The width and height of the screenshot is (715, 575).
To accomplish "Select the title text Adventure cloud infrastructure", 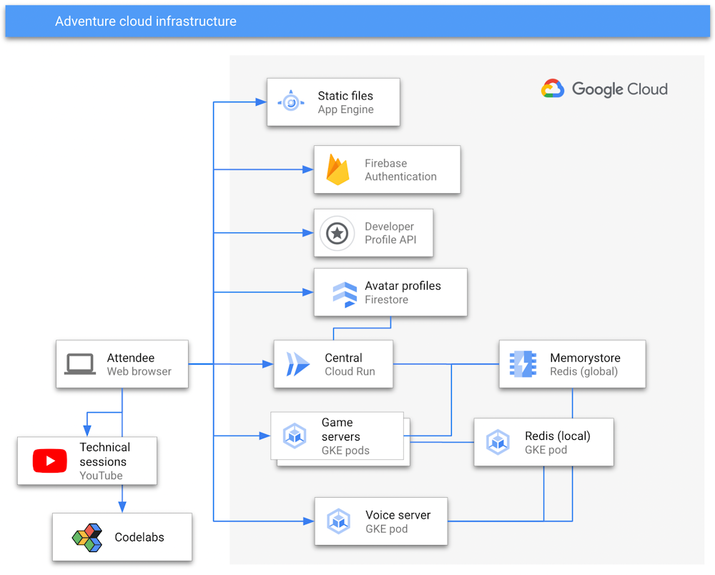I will tap(146, 21).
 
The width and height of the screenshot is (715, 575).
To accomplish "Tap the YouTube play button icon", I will tap(50, 461).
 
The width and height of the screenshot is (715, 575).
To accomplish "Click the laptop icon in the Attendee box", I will tap(80, 364).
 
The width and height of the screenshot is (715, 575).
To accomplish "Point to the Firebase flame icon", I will tap(337, 170).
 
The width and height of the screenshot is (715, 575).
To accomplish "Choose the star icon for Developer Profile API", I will tap(337, 233).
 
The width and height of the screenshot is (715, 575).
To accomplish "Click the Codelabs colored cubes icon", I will tap(87, 537).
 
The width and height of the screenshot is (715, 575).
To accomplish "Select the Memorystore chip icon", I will tap(523, 364).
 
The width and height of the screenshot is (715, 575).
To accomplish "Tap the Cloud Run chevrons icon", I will tap(297, 364).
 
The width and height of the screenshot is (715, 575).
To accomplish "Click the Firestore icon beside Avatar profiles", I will tap(345, 293).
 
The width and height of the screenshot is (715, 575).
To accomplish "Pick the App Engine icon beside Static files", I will tap(291, 102).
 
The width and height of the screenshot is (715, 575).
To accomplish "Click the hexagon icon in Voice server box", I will tap(338, 521).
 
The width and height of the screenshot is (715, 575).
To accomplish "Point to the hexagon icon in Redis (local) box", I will tap(498, 442).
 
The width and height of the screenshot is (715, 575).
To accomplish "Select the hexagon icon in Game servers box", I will tap(295, 436).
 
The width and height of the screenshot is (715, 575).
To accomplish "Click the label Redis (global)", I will tap(583, 371).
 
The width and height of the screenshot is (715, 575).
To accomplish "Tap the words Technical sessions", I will tap(104, 454).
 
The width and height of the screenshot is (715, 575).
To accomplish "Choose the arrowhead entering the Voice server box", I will tap(309, 521).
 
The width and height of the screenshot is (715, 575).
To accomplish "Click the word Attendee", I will tap(131, 358).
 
